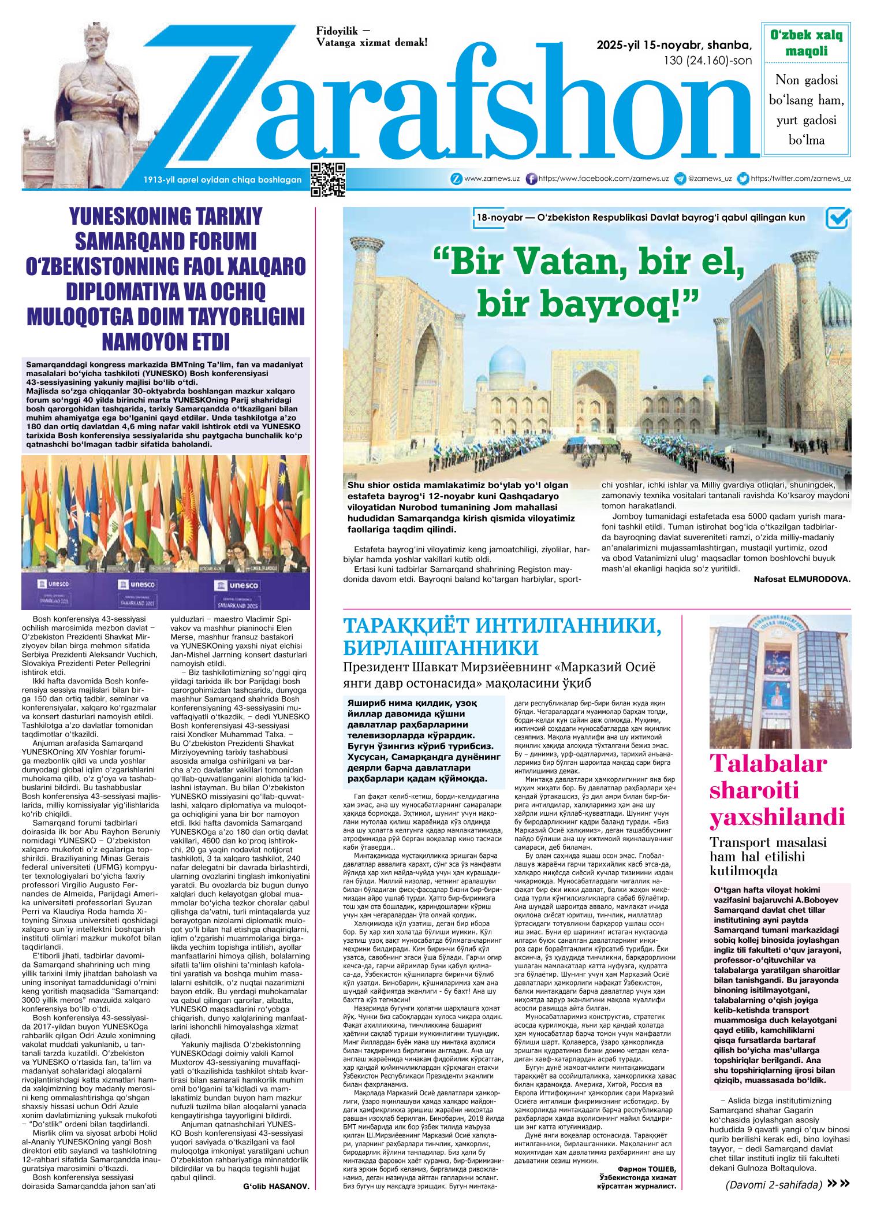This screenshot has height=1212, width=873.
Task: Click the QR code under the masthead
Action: (x=328, y=180)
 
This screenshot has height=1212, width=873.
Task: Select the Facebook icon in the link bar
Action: (x=532, y=179)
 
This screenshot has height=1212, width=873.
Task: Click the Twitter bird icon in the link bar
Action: (x=744, y=179)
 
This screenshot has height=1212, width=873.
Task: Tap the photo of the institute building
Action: (x=779, y=680)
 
